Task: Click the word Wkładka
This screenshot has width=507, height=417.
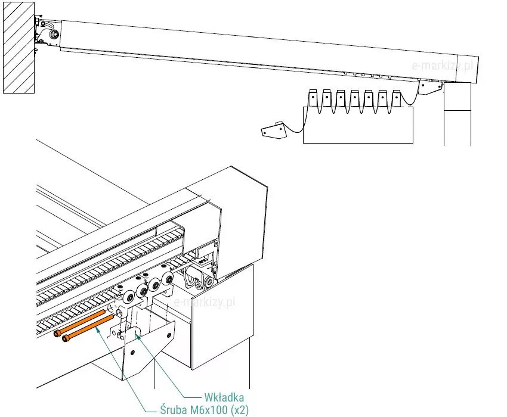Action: (x=225, y=396)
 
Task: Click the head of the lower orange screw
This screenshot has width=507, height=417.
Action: (x=64, y=340)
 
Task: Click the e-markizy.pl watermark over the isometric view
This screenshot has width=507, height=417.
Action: (x=205, y=302)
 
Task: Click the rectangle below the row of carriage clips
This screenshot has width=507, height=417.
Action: (x=358, y=126)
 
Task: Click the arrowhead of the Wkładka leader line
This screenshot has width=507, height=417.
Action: (x=138, y=335)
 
